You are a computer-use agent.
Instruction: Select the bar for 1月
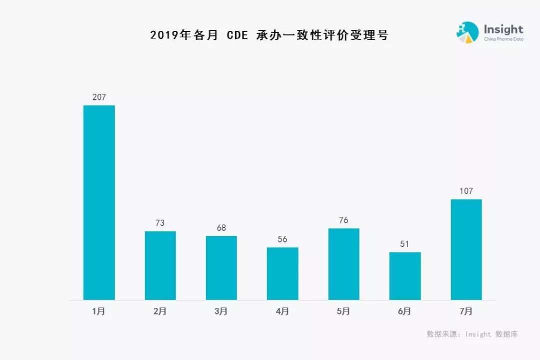99,202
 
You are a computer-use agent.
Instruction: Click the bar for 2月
160,265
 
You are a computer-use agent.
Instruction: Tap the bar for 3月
221,268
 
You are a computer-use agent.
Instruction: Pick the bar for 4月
282,273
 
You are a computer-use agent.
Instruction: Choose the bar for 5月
343,264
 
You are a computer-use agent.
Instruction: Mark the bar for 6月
405,276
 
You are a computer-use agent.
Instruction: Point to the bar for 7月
466,249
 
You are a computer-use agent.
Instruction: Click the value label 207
99,97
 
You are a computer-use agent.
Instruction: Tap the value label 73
160,223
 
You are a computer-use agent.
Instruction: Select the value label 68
221,228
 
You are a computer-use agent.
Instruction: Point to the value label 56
282,239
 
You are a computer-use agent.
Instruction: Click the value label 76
343,220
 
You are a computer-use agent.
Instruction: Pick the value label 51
405,244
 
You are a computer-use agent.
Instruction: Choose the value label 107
466,191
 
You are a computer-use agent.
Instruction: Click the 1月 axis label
99,311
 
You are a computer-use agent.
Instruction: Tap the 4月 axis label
282,311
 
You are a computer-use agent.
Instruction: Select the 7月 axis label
466,311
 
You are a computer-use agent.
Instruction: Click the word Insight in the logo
503,29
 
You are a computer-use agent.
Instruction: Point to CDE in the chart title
237,35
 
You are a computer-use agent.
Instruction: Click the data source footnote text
472,334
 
